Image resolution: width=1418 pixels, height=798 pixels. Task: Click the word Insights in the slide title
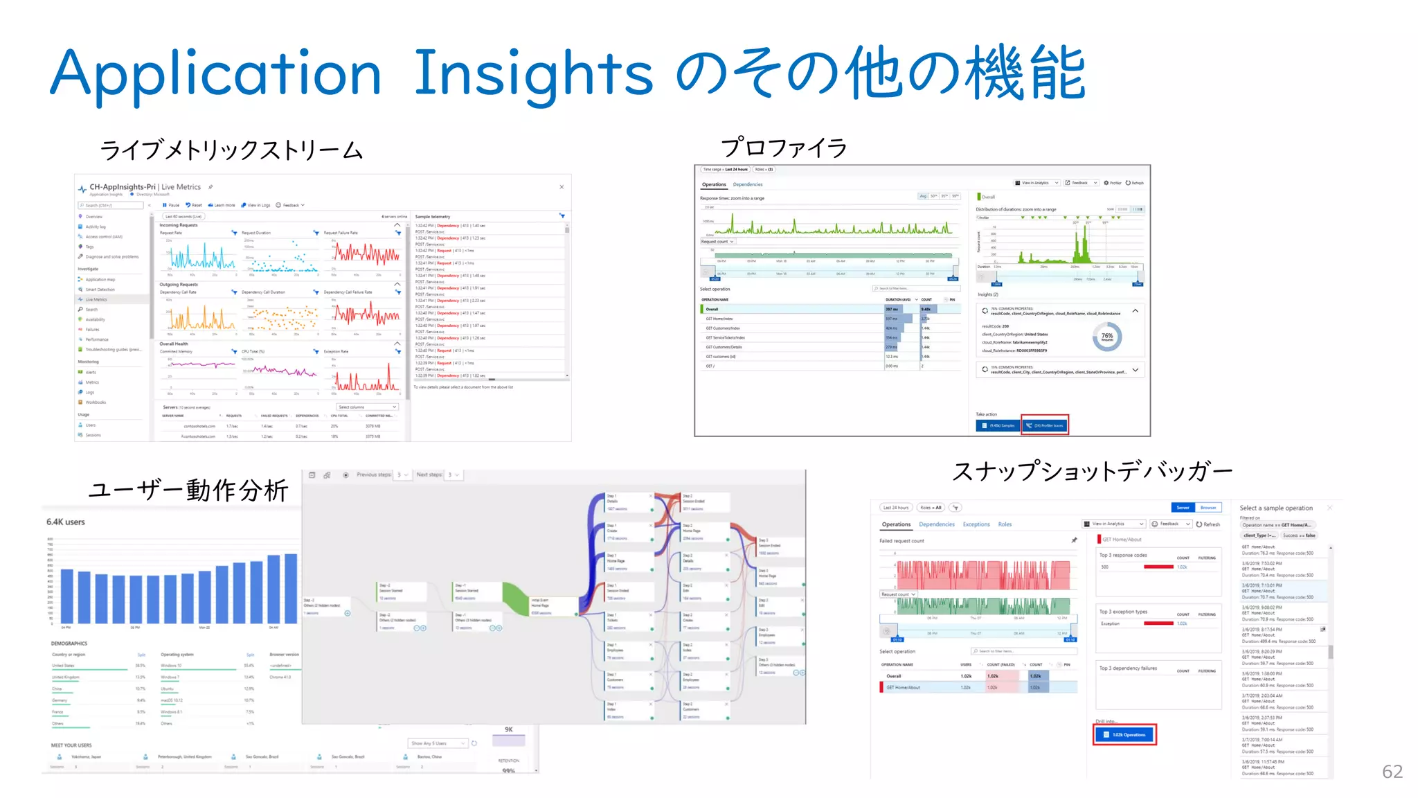click(x=533, y=73)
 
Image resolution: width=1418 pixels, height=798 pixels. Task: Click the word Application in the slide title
click(x=215, y=73)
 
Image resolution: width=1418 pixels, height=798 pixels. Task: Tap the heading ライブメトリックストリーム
click(x=231, y=150)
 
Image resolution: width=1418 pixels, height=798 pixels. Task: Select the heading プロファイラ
click(x=784, y=147)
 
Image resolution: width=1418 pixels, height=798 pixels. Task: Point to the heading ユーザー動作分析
click(x=188, y=490)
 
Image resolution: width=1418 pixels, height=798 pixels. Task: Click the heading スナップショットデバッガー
click(x=1092, y=471)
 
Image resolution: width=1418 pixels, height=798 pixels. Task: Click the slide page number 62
click(x=1392, y=772)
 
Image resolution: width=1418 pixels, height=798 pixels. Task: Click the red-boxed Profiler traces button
click(x=1045, y=425)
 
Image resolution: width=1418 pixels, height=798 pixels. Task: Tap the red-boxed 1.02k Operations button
click(x=1124, y=734)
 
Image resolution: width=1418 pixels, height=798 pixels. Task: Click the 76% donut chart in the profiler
click(x=1107, y=337)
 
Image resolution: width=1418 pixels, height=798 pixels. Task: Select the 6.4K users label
click(x=66, y=522)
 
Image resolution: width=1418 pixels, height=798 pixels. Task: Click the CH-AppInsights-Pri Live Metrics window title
click(x=145, y=187)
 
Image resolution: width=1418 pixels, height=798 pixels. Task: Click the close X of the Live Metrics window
click(x=562, y=187)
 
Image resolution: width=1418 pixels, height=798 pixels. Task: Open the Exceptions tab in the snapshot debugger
click(x=976, y=524)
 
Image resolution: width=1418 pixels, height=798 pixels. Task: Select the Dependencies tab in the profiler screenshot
click(x=748, y=184)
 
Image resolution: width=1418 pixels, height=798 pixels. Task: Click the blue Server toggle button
click(x=1183, y=508)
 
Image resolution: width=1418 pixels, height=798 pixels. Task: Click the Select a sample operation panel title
click(x=1275, y=508)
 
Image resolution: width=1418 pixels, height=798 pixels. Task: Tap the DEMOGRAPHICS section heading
click(x=69, y=644)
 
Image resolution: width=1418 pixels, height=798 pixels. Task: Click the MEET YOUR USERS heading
click(x=71, y=745)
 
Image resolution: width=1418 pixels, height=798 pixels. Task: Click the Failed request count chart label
click(x=901, y=541)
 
